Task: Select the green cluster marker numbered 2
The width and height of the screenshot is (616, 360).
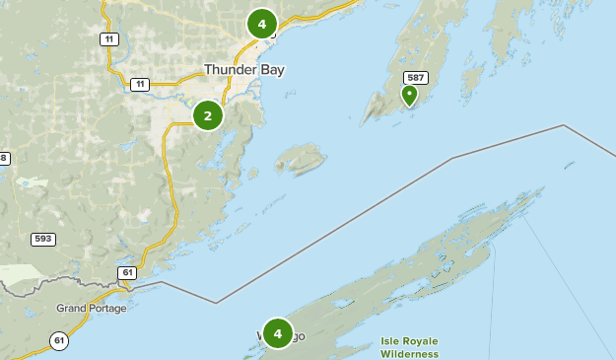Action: click(208, 116)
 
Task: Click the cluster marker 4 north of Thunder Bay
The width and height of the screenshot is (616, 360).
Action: click(261, 24)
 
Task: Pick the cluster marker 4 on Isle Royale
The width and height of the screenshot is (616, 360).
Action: click(278, 333)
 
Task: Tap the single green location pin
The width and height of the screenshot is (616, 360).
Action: click(409, 95)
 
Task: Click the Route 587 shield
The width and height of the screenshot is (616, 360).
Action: click(416, 78)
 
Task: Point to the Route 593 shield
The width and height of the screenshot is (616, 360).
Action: click(42, 238)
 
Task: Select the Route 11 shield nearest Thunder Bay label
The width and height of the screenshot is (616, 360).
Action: click(140, 85)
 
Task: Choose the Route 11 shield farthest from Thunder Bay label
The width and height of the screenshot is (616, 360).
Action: click(107, 38)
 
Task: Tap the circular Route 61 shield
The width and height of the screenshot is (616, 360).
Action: click(60, 341)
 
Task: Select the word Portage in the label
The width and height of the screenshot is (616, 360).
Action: click(107, 308)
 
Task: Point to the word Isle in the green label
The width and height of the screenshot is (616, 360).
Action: click(391, 341)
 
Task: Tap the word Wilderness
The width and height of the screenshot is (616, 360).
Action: click(409, 353)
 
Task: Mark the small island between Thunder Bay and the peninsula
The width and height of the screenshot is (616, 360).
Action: click(300, 158)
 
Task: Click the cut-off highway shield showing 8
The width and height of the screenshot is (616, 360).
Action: click(4, 158)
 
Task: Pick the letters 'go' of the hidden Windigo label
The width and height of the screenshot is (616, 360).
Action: click(298, 336)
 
